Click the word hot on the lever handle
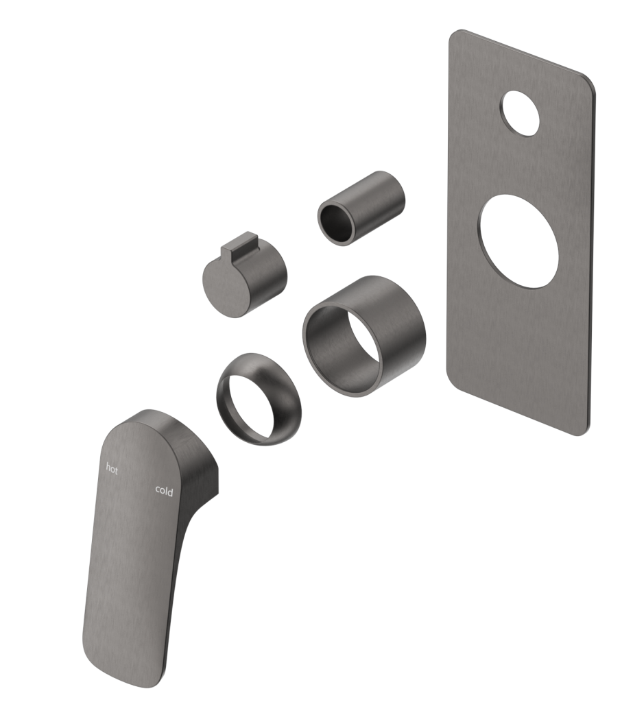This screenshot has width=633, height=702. pos(112,469)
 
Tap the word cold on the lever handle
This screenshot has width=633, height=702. pos(164,491)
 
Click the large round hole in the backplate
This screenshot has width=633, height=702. pos(519,241)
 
